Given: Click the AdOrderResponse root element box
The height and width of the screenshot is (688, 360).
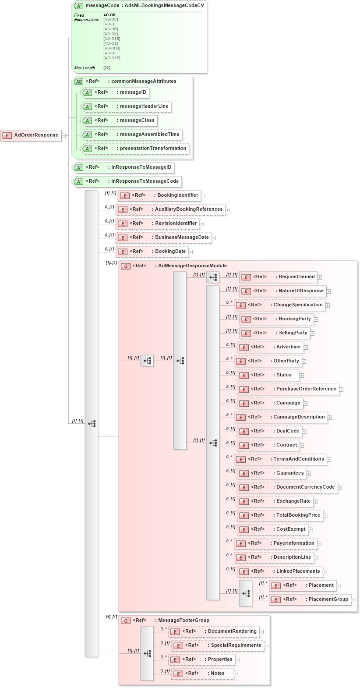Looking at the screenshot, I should click(31, 135).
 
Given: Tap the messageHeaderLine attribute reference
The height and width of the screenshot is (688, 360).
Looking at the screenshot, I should click(127, 106).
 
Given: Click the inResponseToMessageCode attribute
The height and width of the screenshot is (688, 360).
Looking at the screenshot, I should click(127, 181).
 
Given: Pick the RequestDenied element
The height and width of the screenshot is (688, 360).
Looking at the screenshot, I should click(278, 277).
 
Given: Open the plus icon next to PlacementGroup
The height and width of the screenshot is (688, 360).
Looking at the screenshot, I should click(353, 600).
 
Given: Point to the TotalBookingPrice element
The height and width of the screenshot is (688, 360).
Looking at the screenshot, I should click(280, 515).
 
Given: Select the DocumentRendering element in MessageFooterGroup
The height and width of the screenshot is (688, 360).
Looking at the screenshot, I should click(214, 631).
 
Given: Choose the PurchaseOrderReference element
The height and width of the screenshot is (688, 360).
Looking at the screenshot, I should click(288, 389).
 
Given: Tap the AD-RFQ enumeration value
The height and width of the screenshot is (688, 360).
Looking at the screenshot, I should click(112, 49).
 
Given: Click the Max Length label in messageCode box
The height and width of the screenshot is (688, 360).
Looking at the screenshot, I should click(85, 68).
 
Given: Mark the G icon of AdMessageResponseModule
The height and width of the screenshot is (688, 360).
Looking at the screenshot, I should click(126, 266).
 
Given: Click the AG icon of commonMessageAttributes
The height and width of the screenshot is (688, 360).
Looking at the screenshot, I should click(78, 82).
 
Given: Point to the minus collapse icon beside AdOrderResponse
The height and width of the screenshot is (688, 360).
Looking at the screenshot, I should click(64, 135).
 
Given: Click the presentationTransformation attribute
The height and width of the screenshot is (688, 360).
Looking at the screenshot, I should click(136, 149).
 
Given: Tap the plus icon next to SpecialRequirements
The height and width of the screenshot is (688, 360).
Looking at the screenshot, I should click(266, 646).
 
